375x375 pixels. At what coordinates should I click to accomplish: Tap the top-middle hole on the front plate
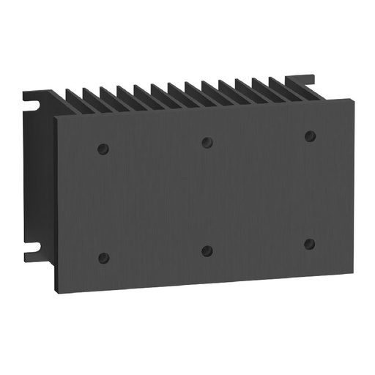pos(207,141)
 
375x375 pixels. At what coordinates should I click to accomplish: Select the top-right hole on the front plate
pos(310,135)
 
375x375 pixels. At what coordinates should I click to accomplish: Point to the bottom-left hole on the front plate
pos(103,257)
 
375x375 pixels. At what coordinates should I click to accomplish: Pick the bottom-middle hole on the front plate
pos(207,250)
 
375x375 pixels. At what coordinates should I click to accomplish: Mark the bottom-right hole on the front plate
pos(309,243)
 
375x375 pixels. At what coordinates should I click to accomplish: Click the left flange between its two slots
pos(33,176)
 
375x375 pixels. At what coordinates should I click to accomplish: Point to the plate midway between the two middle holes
pos(207,196)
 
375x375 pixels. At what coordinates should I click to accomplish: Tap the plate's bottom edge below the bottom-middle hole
pos(207,283)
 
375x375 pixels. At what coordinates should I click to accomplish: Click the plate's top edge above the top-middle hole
pos(207,109)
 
